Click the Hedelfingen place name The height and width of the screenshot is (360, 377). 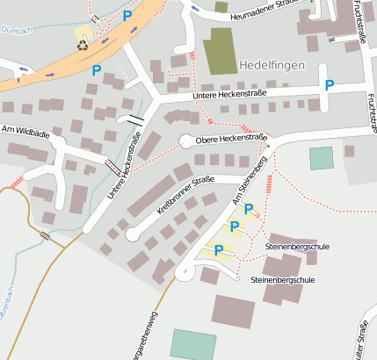272,66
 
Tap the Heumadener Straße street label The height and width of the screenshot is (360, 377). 258,12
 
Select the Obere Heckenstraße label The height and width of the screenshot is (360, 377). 231,139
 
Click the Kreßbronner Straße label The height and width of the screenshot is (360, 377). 184,195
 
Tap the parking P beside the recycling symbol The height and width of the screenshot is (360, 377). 98,68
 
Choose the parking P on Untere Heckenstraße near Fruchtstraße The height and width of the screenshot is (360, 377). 330,85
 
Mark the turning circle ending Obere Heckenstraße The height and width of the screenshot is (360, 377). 187,140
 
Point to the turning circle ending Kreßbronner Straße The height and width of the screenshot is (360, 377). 133,234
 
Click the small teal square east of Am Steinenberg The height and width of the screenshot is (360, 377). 322,158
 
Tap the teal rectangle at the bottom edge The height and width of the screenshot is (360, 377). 192,344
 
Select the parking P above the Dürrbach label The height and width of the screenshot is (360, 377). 127,15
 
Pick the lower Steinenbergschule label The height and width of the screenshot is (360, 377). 282,279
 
